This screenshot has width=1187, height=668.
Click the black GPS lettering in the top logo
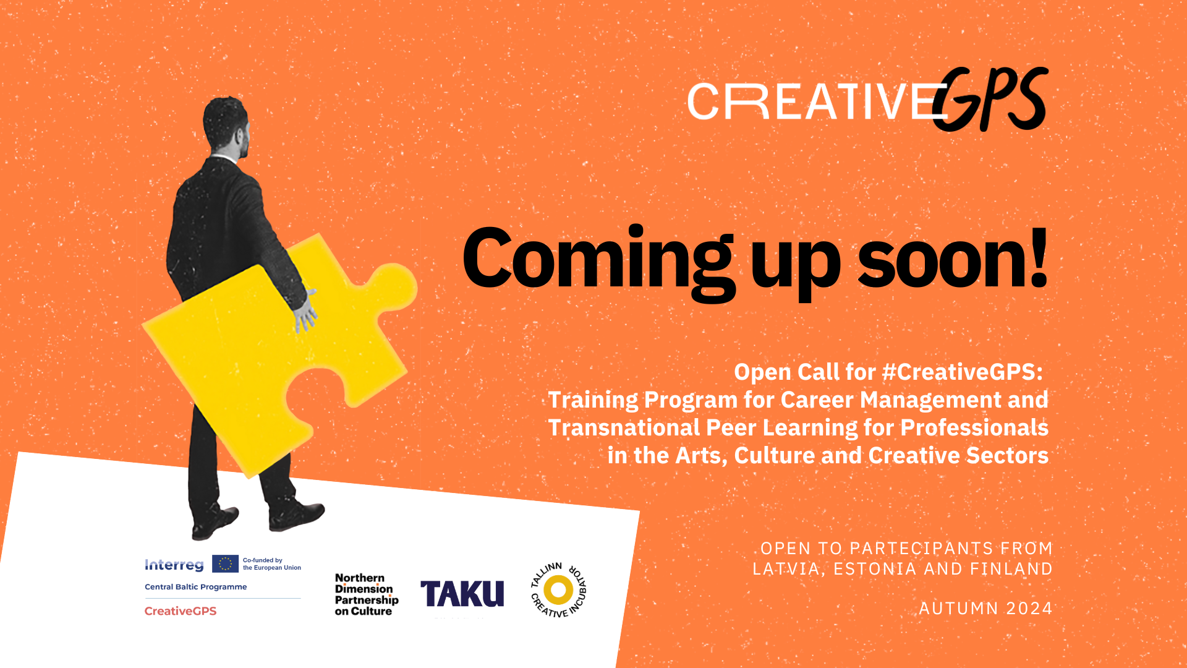coord(990,100)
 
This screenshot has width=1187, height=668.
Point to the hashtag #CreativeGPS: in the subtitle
coord(963,372)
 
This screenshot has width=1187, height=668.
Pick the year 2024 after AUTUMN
coord(1029,609)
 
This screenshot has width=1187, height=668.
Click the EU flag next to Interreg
coord(225,563)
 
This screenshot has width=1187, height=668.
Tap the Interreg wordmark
coord(174,565)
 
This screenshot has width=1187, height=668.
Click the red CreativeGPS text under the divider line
coord(181,611)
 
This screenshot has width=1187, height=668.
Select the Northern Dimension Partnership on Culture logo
coord(366,594)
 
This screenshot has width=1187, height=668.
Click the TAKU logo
coord(462,594)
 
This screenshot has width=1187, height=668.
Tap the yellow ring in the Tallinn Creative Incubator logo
coord(558,589)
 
